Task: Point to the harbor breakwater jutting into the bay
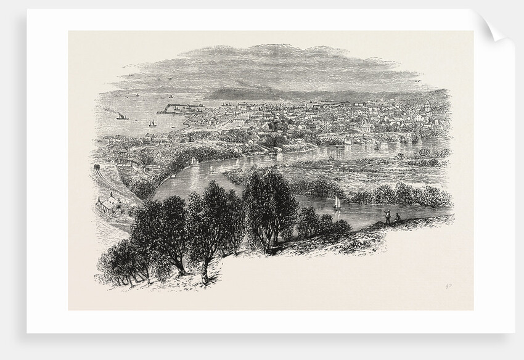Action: click(179, 109)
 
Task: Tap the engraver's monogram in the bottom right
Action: click(442, 285)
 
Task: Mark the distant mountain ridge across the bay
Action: click(259, 94)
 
